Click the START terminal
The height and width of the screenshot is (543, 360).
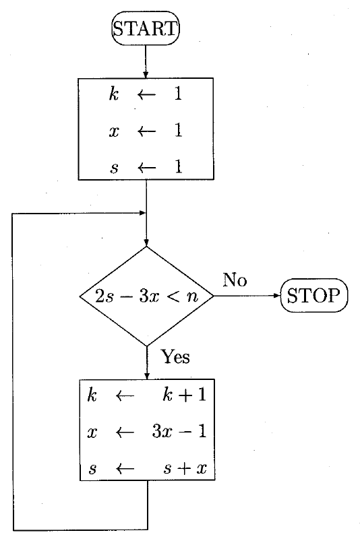pyautogui.click(x=146, y=28)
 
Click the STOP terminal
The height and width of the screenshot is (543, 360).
pyautogui.click(x=313, y=295)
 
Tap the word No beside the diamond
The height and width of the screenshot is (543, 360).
pyautogui.click(x=235, y=280)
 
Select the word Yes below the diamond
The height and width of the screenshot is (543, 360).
pyautogui.click(x=175, y=356)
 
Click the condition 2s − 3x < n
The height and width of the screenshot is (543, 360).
pyautogui.click(x=146, y=296)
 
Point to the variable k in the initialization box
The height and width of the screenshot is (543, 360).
pyautogui.click(x=114, y=94)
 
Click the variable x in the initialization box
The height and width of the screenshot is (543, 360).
pyautogui.click(x=114, y=131)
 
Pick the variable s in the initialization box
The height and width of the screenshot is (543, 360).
pyautogui.click(x=115, y=168)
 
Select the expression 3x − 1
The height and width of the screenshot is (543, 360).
pyautogui.click(x=179, y=431)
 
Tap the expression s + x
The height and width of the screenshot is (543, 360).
pyautogui.click(x=185, y=468)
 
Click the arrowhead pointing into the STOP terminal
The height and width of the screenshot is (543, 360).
pyautogui.click(x=277, y=295)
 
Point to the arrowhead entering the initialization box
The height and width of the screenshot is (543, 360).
pyautogui.click(x=146, y=75)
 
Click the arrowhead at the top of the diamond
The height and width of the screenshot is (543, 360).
pyautogui.click(x=146, y=243)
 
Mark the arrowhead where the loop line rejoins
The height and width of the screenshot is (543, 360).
pyautogui.click(x=142, y=213)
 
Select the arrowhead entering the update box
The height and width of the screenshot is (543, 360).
pyautogui.click(x=147, y=376)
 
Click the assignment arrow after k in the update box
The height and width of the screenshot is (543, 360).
pyautogui.click(x=125, y=395)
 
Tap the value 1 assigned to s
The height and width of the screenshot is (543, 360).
pyautogui.click(x=178, y=166)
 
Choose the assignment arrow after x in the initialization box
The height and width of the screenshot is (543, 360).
pyautogui.click(x=146, y=131)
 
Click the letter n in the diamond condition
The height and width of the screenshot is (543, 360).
pyautogui.click(x=192, y=297)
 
